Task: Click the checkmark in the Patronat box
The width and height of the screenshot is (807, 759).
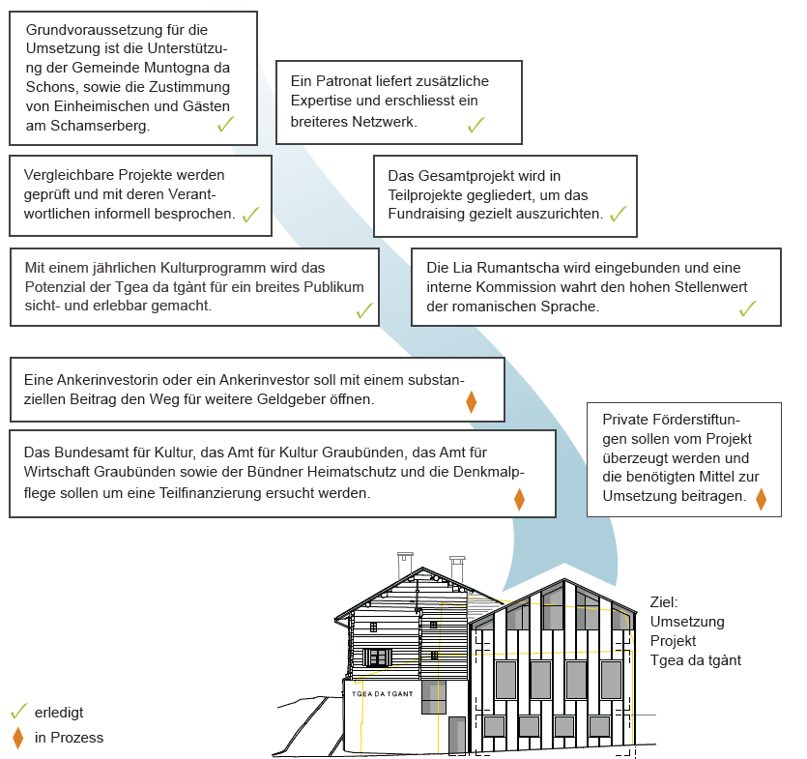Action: pos(476,125)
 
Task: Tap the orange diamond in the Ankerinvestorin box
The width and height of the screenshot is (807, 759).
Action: pos(472,401)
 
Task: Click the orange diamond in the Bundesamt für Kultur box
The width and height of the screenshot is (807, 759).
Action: pos(519,499)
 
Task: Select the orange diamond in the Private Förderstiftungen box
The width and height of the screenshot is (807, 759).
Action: pos(761,499)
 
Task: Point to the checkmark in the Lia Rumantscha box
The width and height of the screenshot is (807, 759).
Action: pos(747,308)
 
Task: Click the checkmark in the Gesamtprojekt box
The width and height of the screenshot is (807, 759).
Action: pos(619,214)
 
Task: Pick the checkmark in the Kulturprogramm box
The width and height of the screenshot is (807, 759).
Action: pos(364,310)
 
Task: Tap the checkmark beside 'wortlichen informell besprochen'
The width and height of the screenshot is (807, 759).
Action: pos(251,215)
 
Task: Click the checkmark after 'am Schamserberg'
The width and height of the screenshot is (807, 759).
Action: pos(226,125)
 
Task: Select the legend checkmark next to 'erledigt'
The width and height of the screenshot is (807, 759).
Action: pos(17,711)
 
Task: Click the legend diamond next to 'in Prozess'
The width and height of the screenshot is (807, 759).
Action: pos(17,738)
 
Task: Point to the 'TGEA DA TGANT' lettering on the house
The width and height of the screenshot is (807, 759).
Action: pos(385,694)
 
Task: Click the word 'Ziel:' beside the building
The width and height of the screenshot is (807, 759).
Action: pos(664,601)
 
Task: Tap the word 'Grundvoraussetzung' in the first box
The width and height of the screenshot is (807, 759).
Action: pos(88,31)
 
